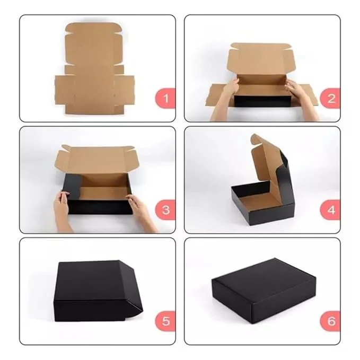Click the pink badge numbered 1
165,98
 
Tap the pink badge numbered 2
330,98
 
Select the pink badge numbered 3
165,210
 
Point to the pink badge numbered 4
330,210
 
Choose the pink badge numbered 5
165,321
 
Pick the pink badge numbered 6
330,321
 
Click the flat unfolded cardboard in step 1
94,69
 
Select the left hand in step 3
63,211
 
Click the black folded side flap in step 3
72,187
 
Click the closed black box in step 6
264,291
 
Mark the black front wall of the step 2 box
263,101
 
